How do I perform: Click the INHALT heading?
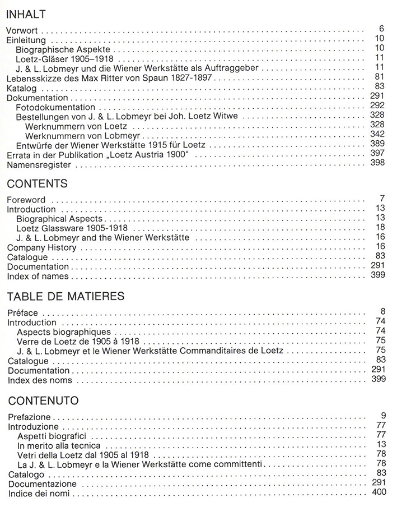[x=26, y=14]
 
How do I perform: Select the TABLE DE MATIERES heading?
[x=66, y=296]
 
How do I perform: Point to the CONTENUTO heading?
[x=43, y=400]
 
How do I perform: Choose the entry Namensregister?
[x=39, y=165]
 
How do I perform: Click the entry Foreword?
[x=26, y=199]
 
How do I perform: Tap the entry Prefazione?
[x=29, y=417]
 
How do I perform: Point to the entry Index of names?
[x=38, y=276]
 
